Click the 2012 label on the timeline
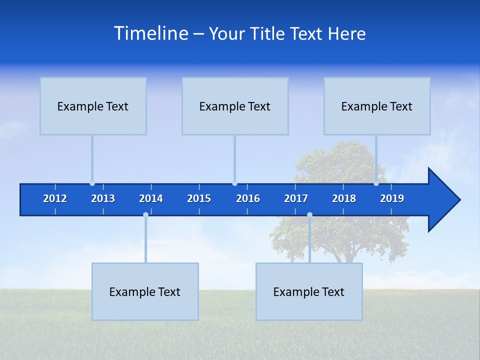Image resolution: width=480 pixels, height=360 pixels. pyautogui.click(x=55, y=198)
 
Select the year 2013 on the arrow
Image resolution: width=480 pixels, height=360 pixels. pyautogui.click(x=103, y=198)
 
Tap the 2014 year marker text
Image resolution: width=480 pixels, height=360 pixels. pyautogui.click(x=151, y=198)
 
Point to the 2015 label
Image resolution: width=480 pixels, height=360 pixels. pyautogui.click(x=199, y=198)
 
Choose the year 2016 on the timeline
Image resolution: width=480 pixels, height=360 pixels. pyautogui.click(x=248, y=198)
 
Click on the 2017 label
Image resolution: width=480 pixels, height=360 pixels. pyautogui.click(x=296, y=198)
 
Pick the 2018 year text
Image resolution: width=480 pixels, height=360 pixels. pyautogui.click(x=344, y=198)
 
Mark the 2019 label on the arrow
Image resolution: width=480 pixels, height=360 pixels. pyautogui.click(x=392, y=198)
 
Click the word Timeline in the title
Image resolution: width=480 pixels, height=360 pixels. pyautogui.click(x=151, y=33)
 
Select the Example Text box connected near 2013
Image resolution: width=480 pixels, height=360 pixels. pyautogui.click(x=93, y=106)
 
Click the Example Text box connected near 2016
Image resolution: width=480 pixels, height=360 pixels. pyautogui.click(x=235, y=106)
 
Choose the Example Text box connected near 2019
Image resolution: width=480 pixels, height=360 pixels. pyautogui.click(x=377, y=106)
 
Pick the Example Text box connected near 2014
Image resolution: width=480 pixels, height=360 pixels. pyautogui.click(x=145, y=291)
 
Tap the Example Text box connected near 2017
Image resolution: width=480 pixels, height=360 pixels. pyautogui.click(x=309, y=291)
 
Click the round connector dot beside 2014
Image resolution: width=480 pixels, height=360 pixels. pyautogui.click(x=145, y=214)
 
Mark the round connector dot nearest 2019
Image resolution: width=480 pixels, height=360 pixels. pyautogui.click(x=376, y=183)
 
